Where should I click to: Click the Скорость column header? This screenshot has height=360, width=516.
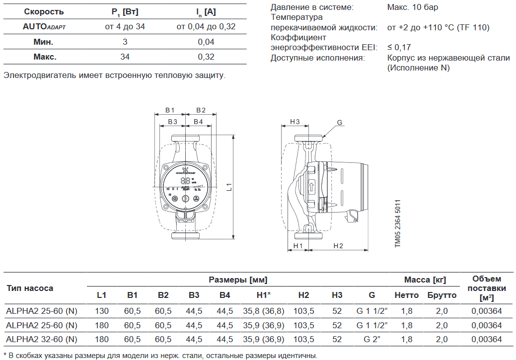click(x=44, y=11)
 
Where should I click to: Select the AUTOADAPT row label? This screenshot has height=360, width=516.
click(x=44, y=27)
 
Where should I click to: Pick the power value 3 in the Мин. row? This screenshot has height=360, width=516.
click(x=125, y=42)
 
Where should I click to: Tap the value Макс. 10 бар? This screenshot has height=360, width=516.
click(x=412, y=7)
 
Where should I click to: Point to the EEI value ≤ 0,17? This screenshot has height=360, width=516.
click(x=399, y=48)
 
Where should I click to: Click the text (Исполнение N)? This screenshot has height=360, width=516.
click(x=418, y=68)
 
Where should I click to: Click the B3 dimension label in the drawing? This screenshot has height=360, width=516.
click(x=172, y=122)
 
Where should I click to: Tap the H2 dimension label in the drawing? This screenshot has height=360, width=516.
click(x=338, y=246)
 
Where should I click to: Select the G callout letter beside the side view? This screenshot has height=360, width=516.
click(x=340, y=123)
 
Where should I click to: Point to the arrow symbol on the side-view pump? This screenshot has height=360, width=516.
click(x=311, y=188)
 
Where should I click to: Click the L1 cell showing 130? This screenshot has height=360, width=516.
click(x=101, y=311)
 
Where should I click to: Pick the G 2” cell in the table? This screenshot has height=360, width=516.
click(x=371, y=340)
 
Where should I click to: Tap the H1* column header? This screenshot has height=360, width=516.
click(x=263, y=295)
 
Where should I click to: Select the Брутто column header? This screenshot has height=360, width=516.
click(x=442, y=295)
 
